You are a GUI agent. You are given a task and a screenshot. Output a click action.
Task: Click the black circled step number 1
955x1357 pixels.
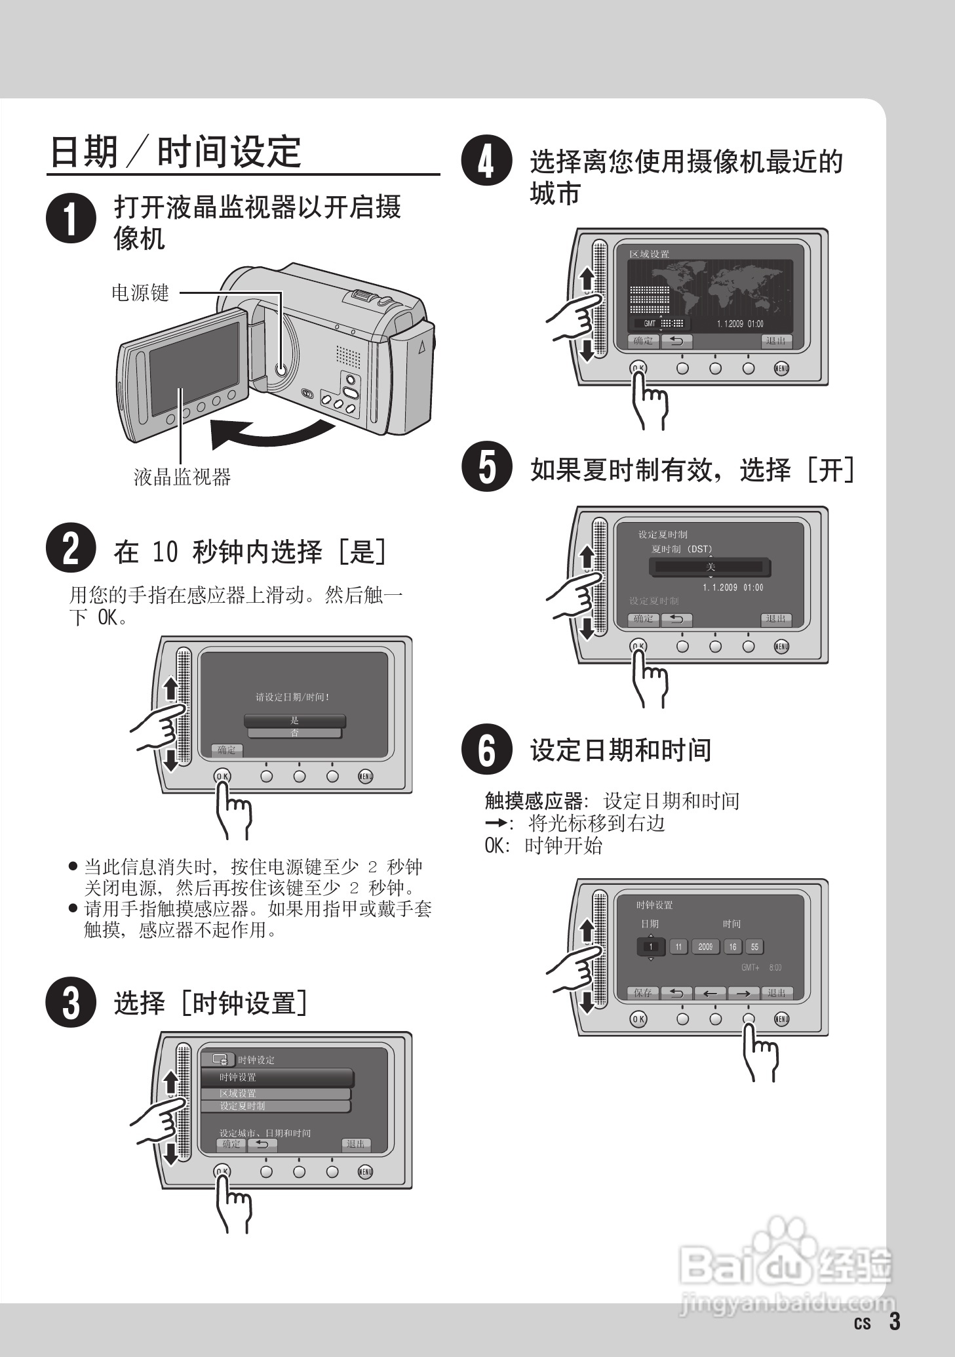(x=71, y=218)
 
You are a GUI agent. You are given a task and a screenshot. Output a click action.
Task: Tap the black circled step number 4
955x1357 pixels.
(x=486, y=161)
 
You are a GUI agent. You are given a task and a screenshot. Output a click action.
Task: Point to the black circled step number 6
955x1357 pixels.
(x=486, y=749)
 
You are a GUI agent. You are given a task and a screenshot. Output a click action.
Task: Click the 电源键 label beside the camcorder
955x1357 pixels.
(x=140, y=293)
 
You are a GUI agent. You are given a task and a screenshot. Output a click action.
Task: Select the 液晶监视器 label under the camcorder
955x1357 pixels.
(x=182, y=477)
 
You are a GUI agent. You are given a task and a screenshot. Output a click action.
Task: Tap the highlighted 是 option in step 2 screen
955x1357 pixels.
(x=294, y=720)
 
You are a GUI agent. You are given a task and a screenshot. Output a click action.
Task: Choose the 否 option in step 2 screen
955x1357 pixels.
(x=294, y=733)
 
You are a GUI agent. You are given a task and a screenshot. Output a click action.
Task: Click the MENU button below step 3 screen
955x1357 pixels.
(x=365, y=1171)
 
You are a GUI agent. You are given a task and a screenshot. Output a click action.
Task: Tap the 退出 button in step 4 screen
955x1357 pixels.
(x=776, y=341)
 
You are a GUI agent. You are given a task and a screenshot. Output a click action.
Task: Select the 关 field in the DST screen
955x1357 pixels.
(x=710, y=567)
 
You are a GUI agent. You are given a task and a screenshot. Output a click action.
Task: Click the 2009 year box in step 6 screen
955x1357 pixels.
(x=705, y=947)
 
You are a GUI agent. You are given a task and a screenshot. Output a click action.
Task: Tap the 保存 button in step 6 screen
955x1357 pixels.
(x=642, y=993)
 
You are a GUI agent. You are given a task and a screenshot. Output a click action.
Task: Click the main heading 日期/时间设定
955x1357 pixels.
(x=176, y=152)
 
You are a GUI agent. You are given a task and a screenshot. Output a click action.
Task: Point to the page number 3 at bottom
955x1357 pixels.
(x=895, y=1321)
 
